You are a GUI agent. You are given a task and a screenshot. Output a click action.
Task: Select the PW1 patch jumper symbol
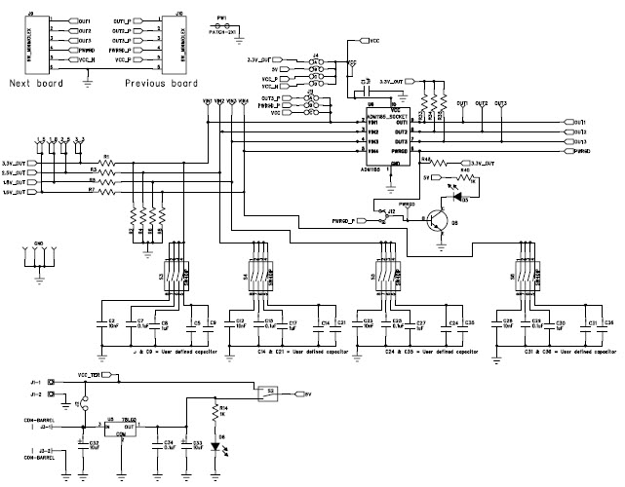(x=222, y=26)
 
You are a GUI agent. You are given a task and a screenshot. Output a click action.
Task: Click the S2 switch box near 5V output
(x=266, y=393)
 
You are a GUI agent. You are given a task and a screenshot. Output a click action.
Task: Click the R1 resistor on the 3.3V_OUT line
(x=107, y=162)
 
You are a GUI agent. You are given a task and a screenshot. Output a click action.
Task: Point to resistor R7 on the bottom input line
(x=107, y=191)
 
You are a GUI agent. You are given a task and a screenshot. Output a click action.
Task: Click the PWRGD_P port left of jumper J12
(x=347, y=221)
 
